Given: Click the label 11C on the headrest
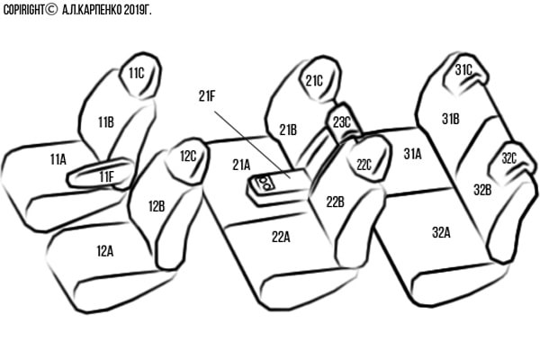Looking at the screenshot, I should click(x=137, y=73).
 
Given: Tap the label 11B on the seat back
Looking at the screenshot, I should click(x=105, y=121).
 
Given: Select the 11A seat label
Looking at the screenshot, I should click(x=58, y=158).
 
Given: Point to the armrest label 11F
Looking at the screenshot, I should click(x=106, y=175).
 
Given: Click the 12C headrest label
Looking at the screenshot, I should click(x=188, y=156).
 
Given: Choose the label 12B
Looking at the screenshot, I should click(x=156, y=206).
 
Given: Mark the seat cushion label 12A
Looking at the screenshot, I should click(x=104, y=250).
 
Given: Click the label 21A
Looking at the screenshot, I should click(x=241, y=165).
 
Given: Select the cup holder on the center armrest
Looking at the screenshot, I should click(x=265, y=185).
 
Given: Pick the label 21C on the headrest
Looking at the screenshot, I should click(x=314, y=80).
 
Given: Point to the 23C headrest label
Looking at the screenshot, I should click(x=342, y=121).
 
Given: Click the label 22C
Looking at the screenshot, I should click(x=364, y=165).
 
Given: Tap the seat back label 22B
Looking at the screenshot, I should click(x=335, y=202).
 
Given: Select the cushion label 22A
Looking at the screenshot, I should click(x=282, y=237).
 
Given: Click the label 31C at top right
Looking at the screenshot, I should click(x=463, y=69).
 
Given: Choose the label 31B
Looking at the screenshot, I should click(x=450, y=118).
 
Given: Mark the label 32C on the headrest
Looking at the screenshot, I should click(x=509, y=159).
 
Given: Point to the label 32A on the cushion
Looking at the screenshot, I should click(x=440, y=231).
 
